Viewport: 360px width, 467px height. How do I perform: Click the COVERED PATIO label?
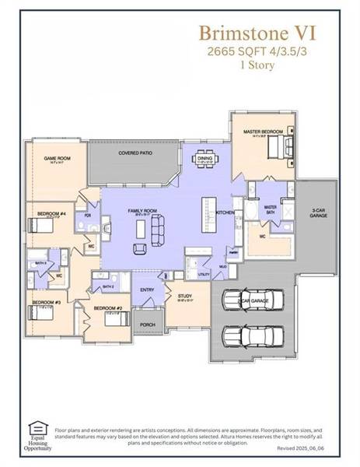[x=135, y=153]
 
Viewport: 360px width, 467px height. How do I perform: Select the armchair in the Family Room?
[x=140, y=248]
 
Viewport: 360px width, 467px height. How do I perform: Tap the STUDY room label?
[x=184, y=296]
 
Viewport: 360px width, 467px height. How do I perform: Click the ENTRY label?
[x=147, y=290]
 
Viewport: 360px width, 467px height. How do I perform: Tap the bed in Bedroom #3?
[x=40, y=314]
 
